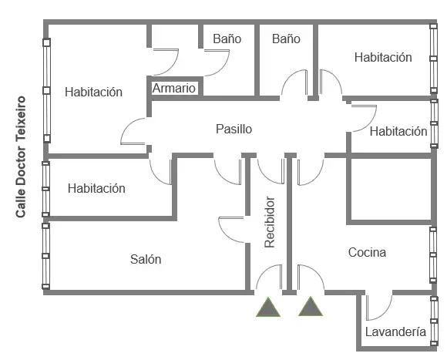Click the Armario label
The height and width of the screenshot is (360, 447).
click(x=174, y=89)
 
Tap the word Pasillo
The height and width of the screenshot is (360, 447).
click(x=234, y=129)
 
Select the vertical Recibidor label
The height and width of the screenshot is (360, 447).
click(x=270, y=222)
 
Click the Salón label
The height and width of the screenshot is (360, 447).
click(x=146, y=259)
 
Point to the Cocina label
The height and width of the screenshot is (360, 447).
click(x=367, y=252)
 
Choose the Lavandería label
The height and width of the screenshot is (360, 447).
click(x=395, y=331)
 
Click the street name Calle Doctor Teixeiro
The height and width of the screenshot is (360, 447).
click(x=21, y=156)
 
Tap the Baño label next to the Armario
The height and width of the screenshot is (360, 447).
click(x=227, y=39)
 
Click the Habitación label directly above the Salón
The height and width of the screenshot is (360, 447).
click(x=96, y=188)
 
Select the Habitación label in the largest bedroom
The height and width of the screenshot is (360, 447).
click(x=93, y=92)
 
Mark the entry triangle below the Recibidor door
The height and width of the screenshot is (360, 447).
click(x=268, y=308)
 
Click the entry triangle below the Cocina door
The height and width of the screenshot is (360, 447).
click(x=311, y=306)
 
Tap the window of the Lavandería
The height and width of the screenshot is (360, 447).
click(x=434, y=321)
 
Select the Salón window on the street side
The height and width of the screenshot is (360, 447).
click(x=45, y=256)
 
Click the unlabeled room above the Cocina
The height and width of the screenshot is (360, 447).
click(x=391, y=190)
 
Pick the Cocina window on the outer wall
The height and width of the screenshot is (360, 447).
click(x=433, y=255)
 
